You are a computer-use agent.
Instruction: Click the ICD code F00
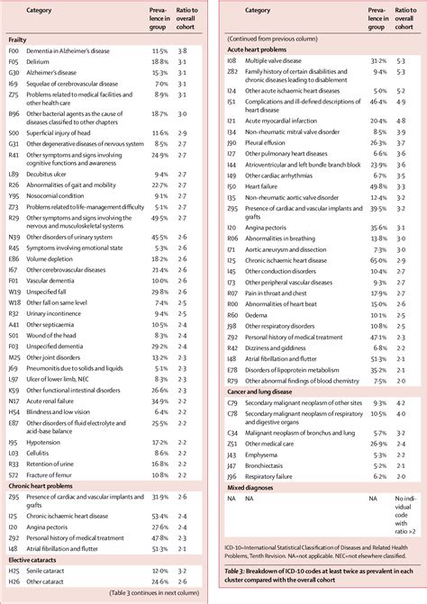14,52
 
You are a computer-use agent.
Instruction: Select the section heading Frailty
19,40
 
